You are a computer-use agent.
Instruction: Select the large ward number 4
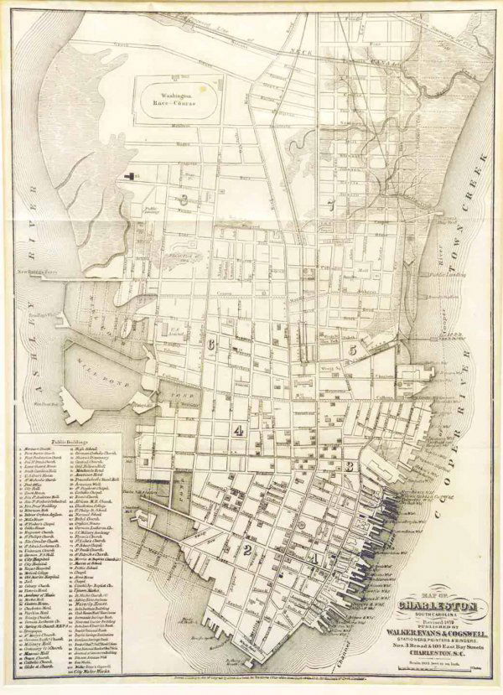[240, 431]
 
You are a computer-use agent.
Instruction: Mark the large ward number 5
[354, 349]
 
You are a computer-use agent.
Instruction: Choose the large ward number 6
[213, 344]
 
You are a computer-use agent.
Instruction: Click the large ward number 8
[182, 200]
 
